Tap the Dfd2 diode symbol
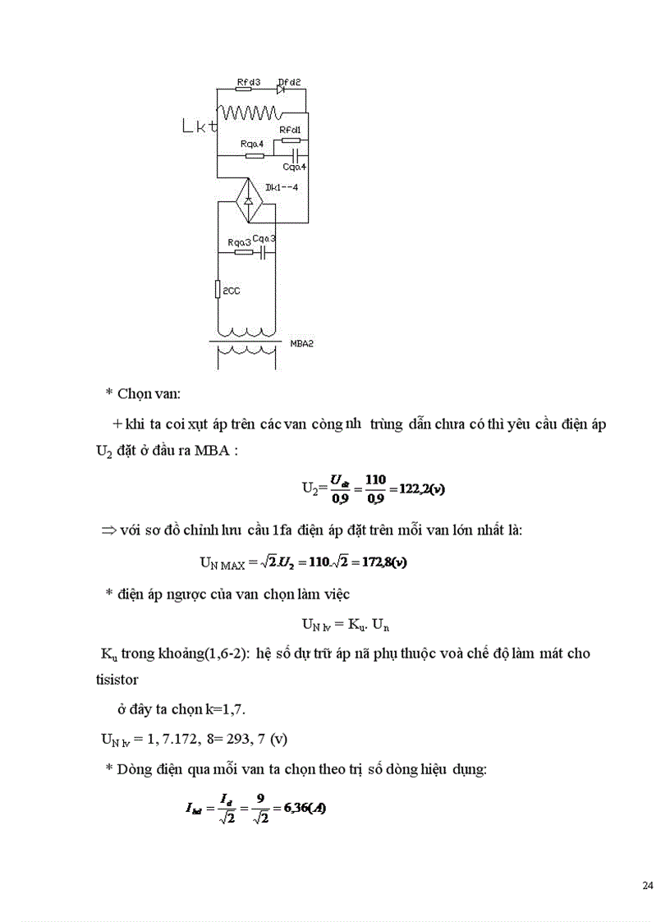[x=282, y=89]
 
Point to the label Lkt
[x=200, y=126]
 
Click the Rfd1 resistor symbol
[x=291, y=140]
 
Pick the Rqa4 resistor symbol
[x=255, y=154]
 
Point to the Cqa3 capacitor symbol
[x=264, y=253]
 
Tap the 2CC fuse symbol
[x=217, y=290]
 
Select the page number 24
[x=647, y=886]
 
